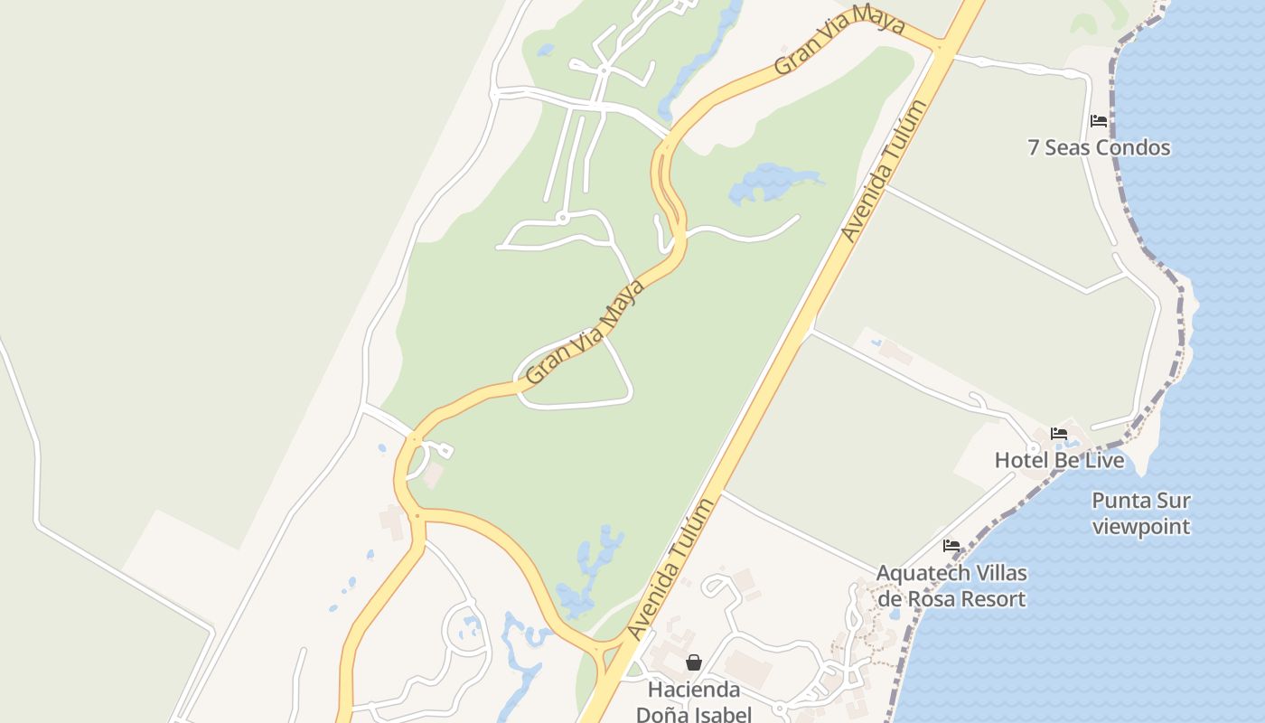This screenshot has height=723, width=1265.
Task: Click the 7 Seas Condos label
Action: point(1099,147)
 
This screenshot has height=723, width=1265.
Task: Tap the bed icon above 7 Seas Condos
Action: point(1099,120)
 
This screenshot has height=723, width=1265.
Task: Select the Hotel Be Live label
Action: point(1059,460)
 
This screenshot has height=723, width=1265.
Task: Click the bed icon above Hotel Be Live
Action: point(1059,434)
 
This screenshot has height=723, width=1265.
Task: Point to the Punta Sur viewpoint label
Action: point(1140,512)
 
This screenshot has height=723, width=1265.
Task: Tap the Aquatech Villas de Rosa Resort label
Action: point(951,586)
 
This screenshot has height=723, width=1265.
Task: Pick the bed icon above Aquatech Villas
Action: point(951,546)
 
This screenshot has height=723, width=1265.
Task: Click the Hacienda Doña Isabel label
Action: point(693,701)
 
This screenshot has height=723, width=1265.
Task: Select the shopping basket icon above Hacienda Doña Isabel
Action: point(693,662)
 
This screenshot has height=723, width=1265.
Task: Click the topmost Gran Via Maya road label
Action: point(839,40)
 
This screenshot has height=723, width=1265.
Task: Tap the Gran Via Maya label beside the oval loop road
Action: point(586,331)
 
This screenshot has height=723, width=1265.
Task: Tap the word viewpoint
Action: point(1140,526)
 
